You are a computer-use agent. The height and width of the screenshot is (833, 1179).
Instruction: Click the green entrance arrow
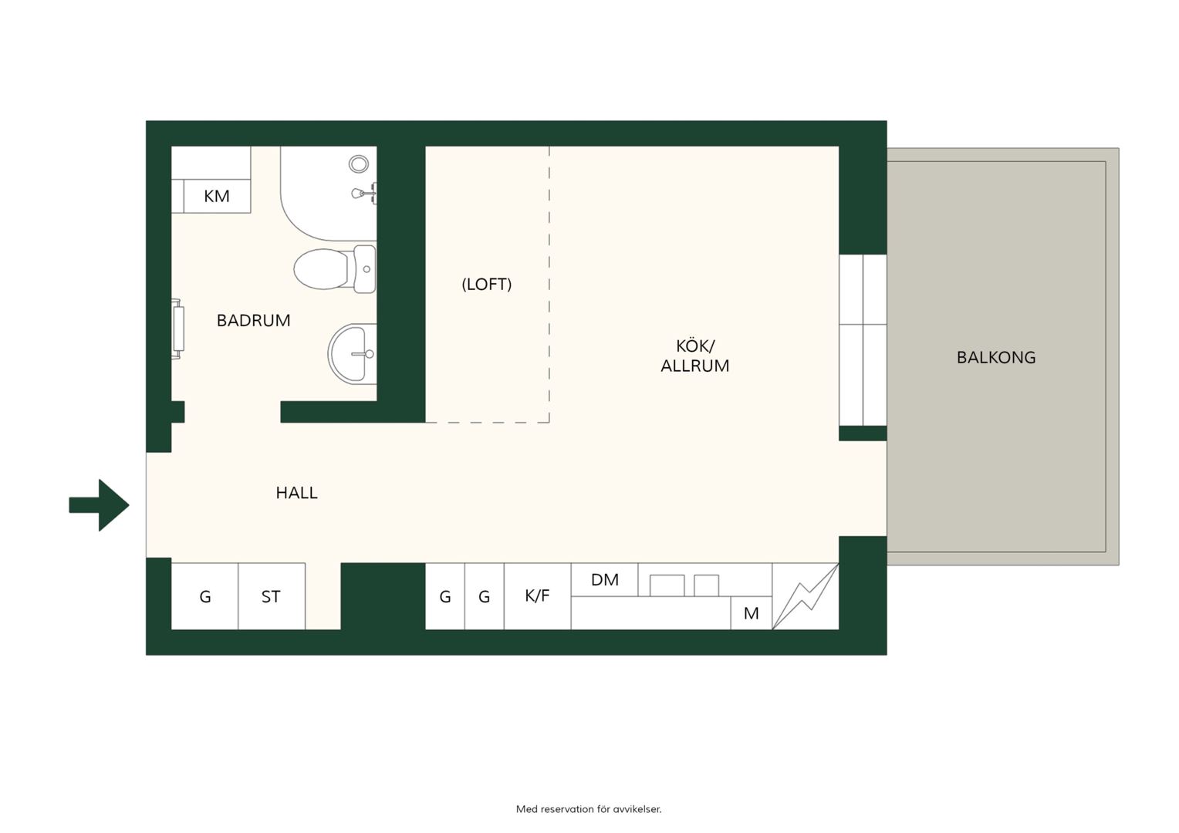point(100,505)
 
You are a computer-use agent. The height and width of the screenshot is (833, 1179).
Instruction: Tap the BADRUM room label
point(253,320)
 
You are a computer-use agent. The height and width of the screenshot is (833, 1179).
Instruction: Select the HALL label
point(296,493)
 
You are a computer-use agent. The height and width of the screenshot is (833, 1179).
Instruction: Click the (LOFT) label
point(486,285)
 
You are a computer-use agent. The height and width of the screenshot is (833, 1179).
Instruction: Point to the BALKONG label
point(996,358)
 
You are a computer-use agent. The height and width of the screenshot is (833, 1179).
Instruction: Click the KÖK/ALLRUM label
point(694,356)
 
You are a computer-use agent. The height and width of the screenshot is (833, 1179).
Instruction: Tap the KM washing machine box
point(217,196)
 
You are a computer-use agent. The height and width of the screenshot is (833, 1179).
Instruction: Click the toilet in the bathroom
point(335,269)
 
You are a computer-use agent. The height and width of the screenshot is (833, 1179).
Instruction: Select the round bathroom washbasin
point(352,353)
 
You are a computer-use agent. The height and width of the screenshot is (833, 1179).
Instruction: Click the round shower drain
point(359,164)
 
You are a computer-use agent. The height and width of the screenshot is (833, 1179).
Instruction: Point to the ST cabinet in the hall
point(272,596)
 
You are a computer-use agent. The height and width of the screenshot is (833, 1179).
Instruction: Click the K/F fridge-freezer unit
point(537,596)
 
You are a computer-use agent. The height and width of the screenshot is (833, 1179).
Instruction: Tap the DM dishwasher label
point(605,580)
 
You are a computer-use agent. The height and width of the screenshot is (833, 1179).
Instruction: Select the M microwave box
point(751,613)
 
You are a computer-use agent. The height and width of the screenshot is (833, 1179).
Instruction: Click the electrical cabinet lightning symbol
point(806,596)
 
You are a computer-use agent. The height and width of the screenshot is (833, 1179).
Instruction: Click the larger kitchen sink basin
point(667,585)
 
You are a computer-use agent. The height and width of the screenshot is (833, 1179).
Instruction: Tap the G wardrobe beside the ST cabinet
point(204,596)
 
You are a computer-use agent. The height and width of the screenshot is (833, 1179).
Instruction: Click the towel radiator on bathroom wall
point(178,329)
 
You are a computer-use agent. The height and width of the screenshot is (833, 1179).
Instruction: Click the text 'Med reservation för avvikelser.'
point(589,809)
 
